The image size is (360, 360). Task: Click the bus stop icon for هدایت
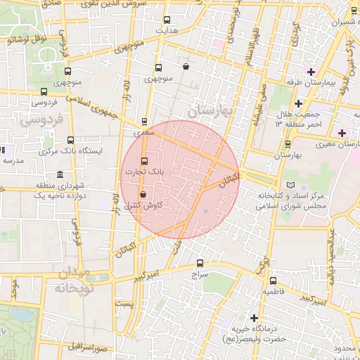(x=167, y=20)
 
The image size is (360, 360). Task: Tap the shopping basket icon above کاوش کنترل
(x=143, y=194)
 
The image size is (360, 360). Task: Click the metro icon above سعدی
(x=145, y=121)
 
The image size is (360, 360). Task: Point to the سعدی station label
(x=144, y=131)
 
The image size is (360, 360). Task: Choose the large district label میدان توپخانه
(x=70, y=280)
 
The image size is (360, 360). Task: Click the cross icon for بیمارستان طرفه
(x=310, y=72)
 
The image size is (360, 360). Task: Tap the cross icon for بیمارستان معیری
(x=342, y=133)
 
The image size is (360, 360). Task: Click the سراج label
(x=199, y=276)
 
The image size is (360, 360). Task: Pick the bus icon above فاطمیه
(x=273, y=281)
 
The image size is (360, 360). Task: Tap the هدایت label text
(x=165, y=31)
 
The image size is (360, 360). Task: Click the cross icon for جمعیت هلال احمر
(x=298, y=103)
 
